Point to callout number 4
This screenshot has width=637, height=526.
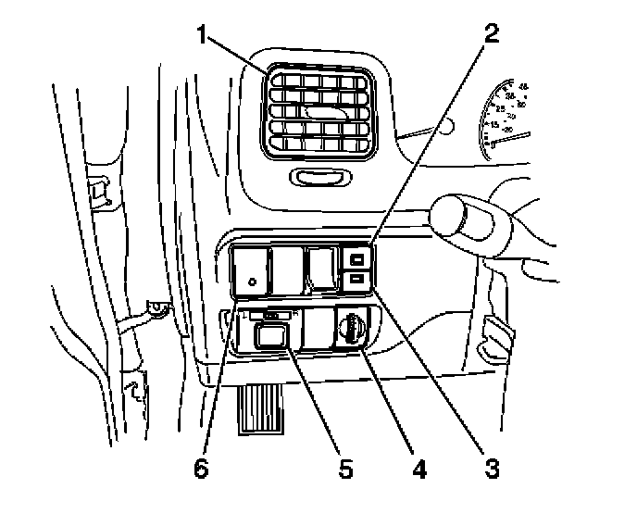pyautogui.click(x=418, y=469)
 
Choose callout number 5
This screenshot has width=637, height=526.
pyautogui.click(x=345, y=469)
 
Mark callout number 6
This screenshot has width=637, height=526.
pyautogui.click(x=201, y=469)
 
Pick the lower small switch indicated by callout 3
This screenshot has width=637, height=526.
pyautogui.click(x=358, y=277)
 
